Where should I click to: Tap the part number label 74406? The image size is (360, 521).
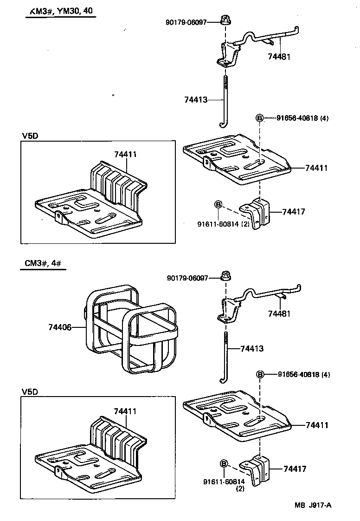pyautogui.click(x=60, y=327)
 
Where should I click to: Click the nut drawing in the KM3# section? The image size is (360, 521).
pyautogui.click(x=226, y=21)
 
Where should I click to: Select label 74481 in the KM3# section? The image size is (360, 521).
pyautogui.click(x=279, y=56)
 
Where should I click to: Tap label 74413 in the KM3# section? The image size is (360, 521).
pyautogui.click(x=195, y=99)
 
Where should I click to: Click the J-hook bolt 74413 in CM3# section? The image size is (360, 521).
pyautogui.click(x=225, y=358)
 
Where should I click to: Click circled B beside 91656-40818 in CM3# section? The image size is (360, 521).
pyautogui.click(x=260, y=375)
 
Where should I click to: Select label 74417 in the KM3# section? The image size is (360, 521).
pyautogui.click(x=293, y=212)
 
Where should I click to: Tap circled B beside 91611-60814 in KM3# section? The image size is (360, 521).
pyautogui.click(x=219, y=204)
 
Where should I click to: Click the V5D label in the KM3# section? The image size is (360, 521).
pyautogui.click(x=30, y=136)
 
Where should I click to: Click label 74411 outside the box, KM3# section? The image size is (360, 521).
pyautogui.click(x=316, y=168)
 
